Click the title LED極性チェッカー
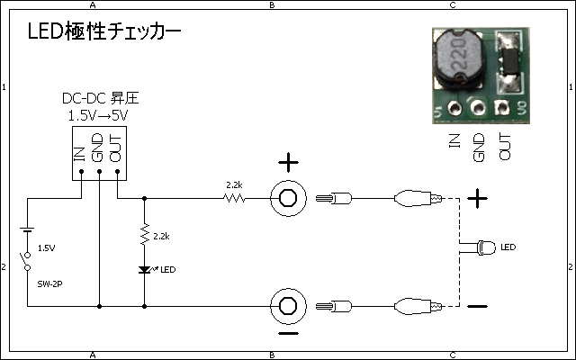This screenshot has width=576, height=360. [103, 32]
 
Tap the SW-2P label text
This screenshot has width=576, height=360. [49, 283]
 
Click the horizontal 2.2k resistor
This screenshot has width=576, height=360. [235, 197]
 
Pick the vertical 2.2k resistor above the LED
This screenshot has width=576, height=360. [144, 236]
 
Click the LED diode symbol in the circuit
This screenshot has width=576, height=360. [144, 269]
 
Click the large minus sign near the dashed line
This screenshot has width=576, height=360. [478, 307]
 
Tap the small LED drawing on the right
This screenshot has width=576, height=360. [487, 246]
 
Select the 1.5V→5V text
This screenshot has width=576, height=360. [99, 116]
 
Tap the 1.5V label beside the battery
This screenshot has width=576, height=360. [46, 247]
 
